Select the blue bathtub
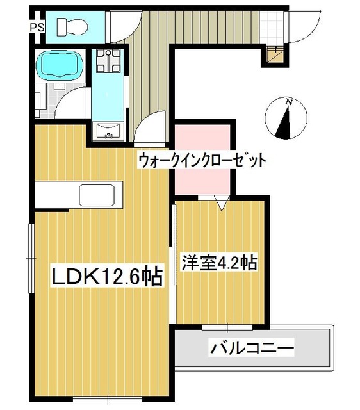(60, 65)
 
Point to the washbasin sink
(108, 133)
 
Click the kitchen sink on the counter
(100, 193)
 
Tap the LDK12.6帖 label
(106, 277)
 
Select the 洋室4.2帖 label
(220, 263)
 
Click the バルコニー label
(252, 348)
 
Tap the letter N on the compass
(289, 102)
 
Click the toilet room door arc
(120, 27)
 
